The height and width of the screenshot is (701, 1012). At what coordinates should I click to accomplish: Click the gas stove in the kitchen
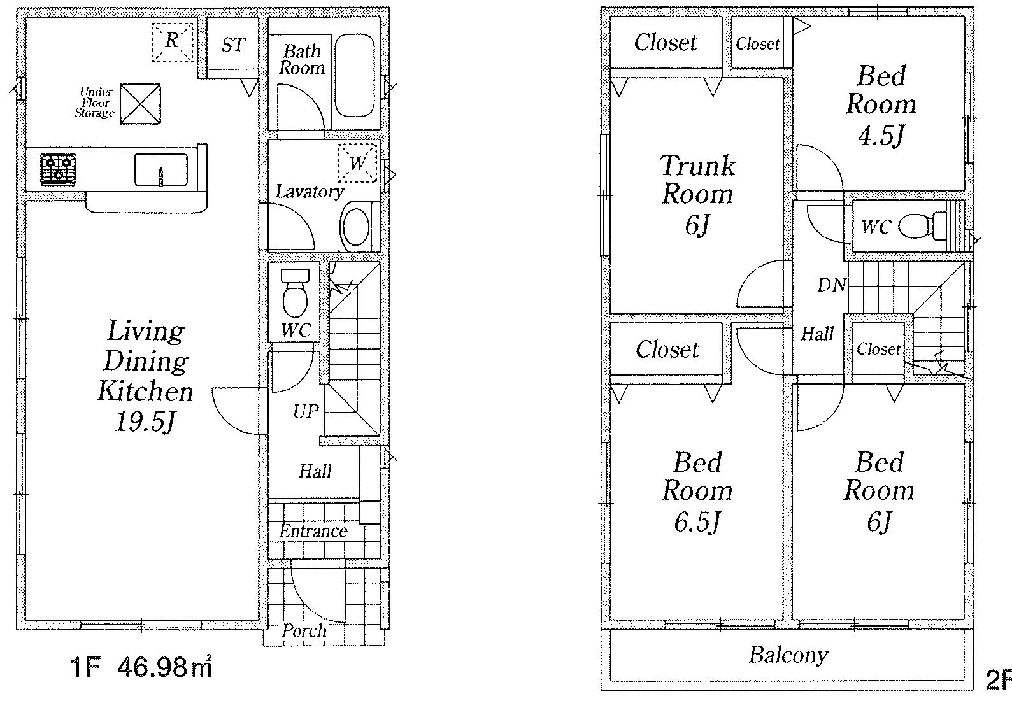[x=58, y=169]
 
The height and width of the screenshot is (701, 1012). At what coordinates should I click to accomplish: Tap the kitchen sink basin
[x=161, y=170]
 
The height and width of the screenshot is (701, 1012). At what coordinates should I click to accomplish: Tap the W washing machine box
[x=358, y=163]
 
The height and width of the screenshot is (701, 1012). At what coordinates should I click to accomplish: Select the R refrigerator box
[x=172, y=41]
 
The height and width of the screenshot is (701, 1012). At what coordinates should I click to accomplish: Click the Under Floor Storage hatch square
[x=140, y=104]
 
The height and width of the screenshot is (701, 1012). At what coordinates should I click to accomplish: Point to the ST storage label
[x=234, y=45]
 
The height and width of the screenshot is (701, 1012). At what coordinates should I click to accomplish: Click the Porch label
[x=304, y=631]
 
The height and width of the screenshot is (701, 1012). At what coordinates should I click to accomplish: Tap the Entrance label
[x=313, y=531]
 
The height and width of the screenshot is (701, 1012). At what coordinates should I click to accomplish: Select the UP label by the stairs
[x=306, y=411]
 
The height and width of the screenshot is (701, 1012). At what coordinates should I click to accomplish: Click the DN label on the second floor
[x=831, y=285]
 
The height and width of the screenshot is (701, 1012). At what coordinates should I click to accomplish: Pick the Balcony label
[x=788, y=655]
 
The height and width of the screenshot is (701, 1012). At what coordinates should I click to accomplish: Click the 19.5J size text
[x=145, y=422]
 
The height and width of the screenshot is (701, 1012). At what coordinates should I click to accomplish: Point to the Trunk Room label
[x=698, y=180]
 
